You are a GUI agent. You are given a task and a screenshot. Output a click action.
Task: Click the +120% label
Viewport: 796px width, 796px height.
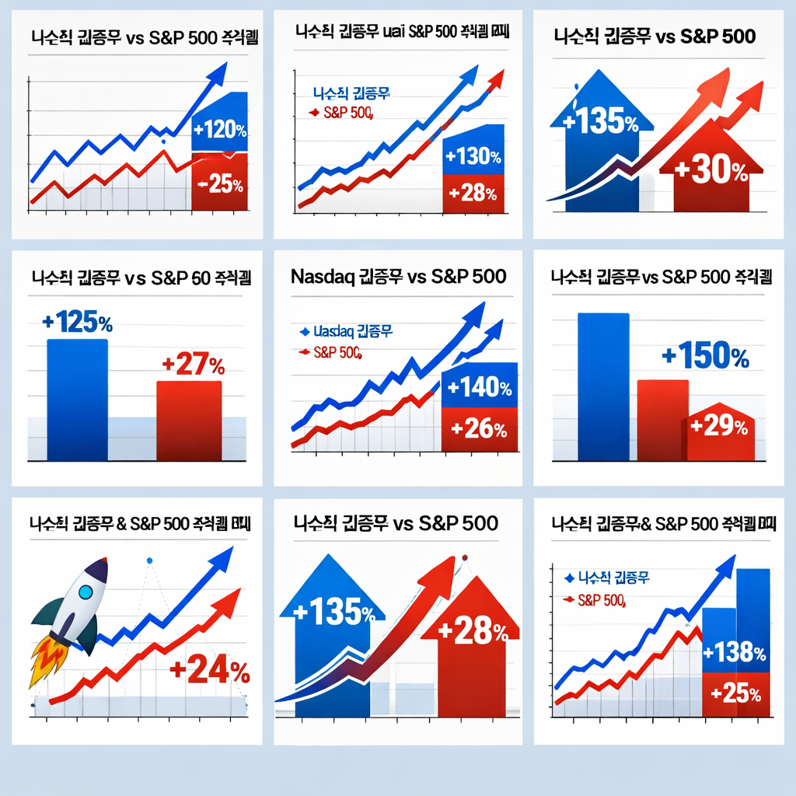(220, 129)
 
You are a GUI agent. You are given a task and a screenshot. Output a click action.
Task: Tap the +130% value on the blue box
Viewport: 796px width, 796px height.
(473, 156)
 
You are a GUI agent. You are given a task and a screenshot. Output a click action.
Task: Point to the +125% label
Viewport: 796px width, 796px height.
(78, 323)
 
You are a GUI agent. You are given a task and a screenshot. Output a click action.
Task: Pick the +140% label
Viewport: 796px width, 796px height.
(479, 387)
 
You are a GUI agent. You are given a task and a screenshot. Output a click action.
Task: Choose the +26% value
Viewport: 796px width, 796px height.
(479, 429)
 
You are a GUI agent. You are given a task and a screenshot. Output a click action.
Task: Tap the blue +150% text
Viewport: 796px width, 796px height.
(705, 357)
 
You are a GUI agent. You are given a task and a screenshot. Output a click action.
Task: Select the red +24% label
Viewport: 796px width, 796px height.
(209, 669)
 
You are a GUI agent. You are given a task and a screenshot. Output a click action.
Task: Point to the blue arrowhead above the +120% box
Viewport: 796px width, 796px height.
(215, 75)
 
